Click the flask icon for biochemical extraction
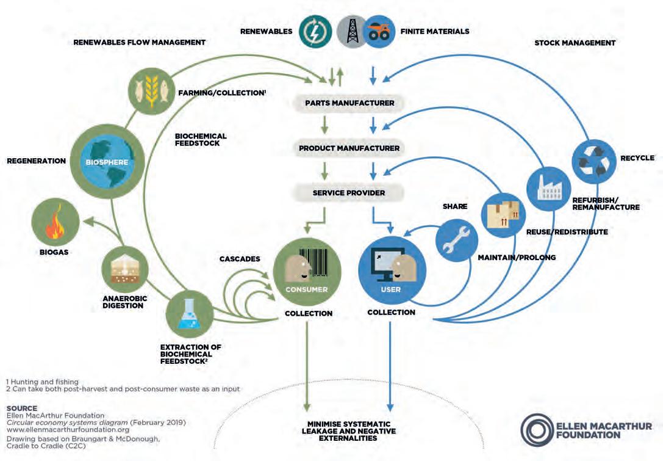point(190,314)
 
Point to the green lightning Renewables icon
point(315,31)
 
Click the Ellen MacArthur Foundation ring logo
point(537,430)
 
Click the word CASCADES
point(240,259)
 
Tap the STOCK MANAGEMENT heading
point(575,43)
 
